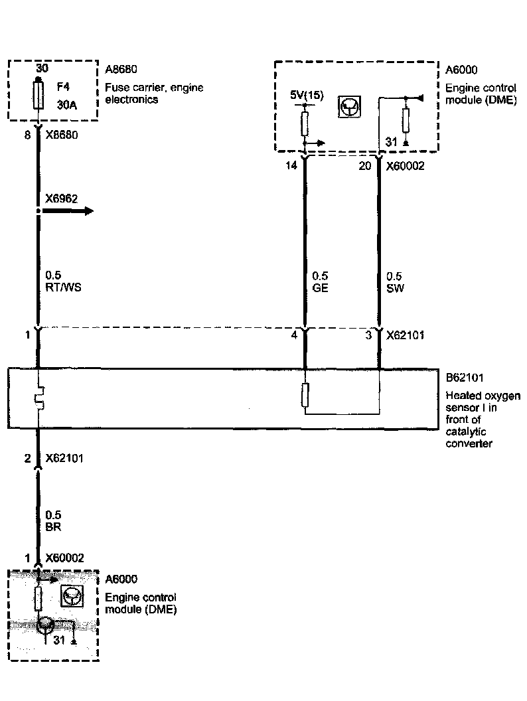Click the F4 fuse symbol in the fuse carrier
click(38, 95)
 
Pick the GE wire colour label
click(320, 287)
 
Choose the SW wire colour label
click(395, 287)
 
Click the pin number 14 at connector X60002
click(291, 166)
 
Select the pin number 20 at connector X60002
click(365, 166)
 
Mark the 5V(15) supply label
click(307, 95)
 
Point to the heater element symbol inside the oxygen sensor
click(38, 399)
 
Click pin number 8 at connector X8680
click(28, 136)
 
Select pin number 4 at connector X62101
click(293, 335)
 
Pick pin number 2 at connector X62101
click(28, 458)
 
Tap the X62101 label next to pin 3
click(406, 335)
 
